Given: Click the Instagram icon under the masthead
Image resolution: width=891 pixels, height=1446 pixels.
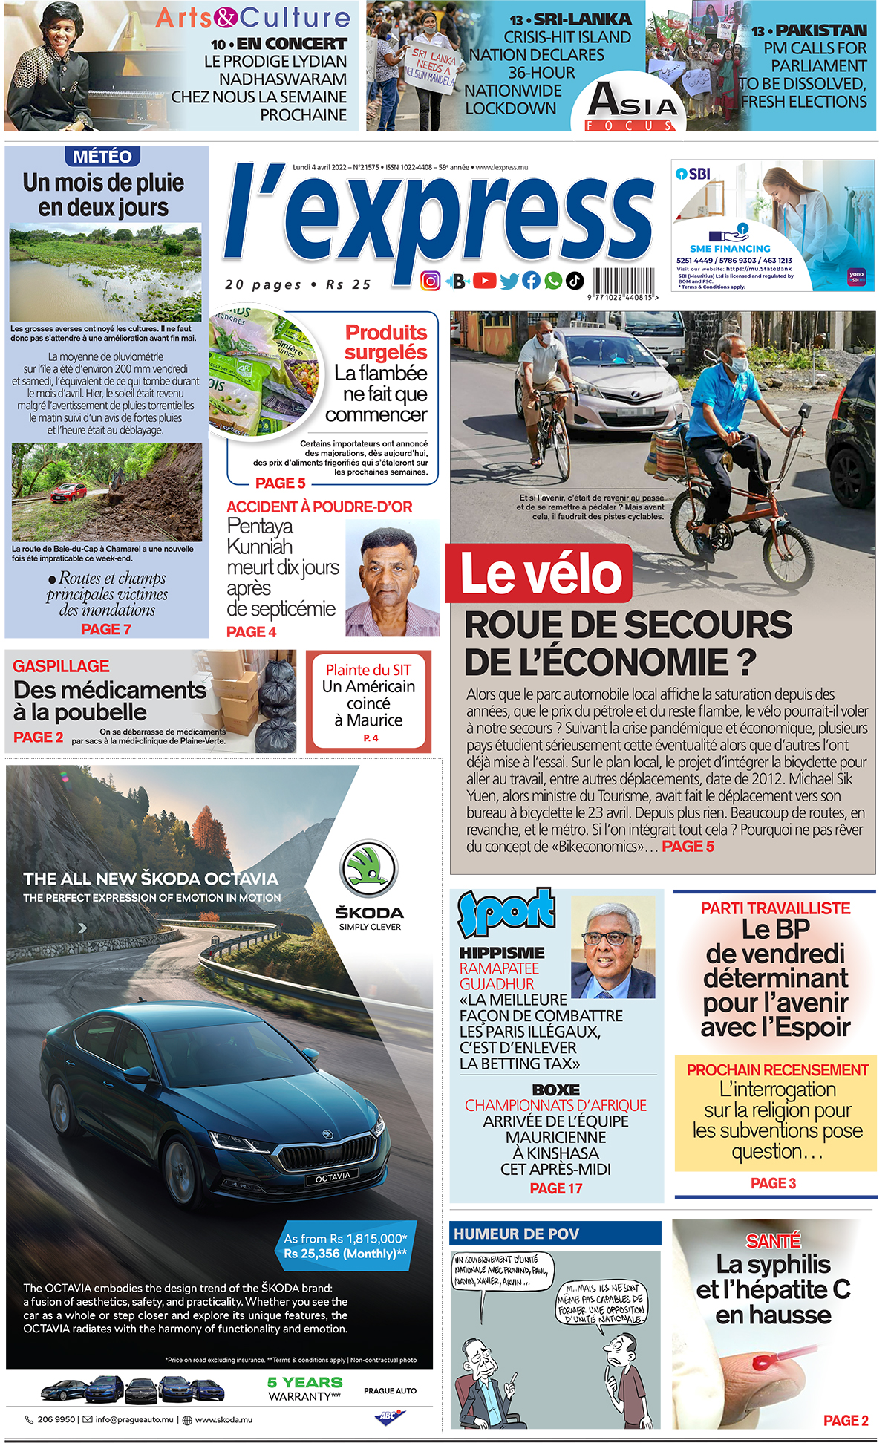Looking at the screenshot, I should tap(431, 281).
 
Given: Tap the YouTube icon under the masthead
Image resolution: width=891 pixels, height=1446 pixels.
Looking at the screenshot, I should tap(484, 281).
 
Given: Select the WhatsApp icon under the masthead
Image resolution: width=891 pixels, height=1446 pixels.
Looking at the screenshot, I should tap(553, 281).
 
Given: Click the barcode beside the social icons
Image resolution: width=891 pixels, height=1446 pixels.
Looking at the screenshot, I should tap(623, 282).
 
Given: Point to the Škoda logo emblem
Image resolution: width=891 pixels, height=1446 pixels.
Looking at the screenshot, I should tap(369, 870).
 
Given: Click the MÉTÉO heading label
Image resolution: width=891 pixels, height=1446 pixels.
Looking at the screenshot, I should tap(103, 157).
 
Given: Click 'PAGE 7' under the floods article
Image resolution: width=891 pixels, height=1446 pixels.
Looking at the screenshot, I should tap(106, 629).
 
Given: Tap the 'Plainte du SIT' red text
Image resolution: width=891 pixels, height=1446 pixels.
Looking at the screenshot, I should tap(368, 670).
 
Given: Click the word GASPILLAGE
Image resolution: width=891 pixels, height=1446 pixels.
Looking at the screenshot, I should tap(61, 666).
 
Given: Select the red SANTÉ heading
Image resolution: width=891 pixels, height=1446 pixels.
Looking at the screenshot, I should tap(773, 1241).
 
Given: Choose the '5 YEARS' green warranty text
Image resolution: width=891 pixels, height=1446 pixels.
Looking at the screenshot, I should tap(304, 1383).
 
